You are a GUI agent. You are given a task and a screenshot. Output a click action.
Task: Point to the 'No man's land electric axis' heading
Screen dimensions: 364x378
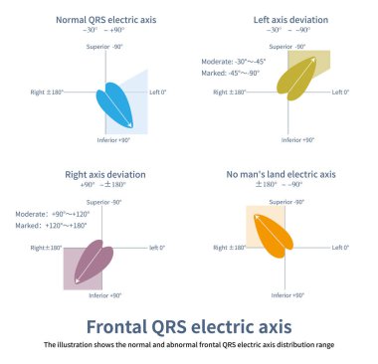pos(281,174)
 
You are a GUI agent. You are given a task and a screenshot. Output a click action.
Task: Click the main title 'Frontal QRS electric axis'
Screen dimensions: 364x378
pos(189,326)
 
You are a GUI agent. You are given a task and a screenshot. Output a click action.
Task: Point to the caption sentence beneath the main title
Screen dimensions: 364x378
pos(189,345)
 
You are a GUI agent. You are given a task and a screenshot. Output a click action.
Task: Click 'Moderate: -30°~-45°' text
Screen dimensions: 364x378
pos(233,61)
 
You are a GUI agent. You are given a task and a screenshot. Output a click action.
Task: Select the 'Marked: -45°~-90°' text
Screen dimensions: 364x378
pos(233,71)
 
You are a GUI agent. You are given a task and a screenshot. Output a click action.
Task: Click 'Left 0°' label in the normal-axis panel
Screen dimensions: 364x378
pos(157,92)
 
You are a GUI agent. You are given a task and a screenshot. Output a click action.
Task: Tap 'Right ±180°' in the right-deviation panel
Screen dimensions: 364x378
pos(47,248)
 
